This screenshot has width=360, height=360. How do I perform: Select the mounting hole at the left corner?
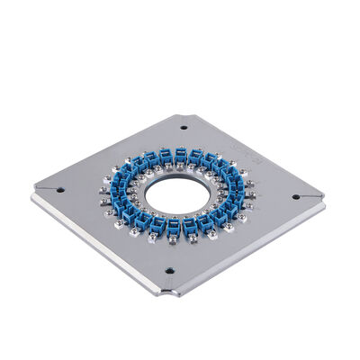click(x=59, y=189)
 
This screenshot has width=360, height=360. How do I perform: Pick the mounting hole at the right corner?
click(x=296, y=196)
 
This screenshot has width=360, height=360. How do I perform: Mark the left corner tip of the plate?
click(x=33, y=195)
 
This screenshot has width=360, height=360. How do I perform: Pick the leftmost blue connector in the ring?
click(x=123, y=191)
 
